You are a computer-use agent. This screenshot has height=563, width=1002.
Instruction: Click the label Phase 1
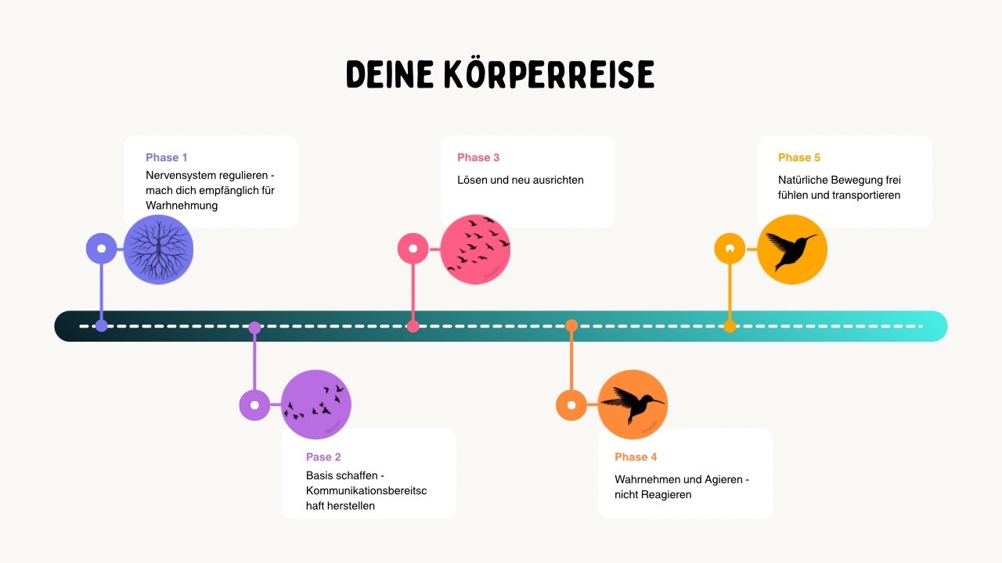point(167,158)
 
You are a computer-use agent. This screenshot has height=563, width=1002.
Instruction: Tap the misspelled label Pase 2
point(323,457)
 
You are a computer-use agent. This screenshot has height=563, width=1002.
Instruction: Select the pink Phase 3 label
point(478,158)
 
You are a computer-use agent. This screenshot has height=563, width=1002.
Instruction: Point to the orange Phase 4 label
point(636,457)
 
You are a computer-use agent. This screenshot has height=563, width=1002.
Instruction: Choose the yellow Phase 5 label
point(799,158)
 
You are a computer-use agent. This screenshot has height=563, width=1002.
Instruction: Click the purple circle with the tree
point(158,249)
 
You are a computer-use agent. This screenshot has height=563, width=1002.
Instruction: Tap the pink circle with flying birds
point(475,249)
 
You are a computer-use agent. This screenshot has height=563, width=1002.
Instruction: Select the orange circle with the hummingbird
point(633,404)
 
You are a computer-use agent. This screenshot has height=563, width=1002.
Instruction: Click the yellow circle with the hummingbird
point(791,249)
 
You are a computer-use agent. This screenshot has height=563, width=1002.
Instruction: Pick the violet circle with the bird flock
point(316,404)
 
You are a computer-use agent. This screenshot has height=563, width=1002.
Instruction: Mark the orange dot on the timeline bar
point(571,325)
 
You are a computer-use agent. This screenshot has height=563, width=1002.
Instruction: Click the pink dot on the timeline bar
point(413,326)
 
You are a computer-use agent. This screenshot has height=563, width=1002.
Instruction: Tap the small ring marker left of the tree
point(101,249)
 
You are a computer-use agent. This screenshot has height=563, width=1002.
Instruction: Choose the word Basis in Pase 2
point(320,475)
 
